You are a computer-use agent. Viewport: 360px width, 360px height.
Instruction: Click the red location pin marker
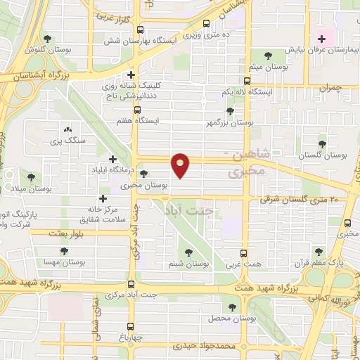point(181,165)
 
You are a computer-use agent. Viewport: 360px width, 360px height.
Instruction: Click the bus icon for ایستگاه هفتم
point(137,110)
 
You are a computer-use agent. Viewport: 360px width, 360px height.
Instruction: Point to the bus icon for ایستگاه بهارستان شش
point(140,31)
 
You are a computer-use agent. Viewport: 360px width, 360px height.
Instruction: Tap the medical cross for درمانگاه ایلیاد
point(112,160)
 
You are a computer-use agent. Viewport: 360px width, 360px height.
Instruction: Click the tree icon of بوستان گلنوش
point(48,39)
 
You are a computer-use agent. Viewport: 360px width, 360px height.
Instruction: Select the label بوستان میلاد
point(32,189)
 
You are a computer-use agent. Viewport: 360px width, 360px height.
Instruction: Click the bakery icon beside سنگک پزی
point(67,129)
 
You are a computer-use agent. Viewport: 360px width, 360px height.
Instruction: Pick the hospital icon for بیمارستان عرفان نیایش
point(321,39)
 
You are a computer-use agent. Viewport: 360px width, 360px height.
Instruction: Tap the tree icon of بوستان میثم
point(266,55)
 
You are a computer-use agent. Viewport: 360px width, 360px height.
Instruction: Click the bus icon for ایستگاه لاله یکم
point(246,82)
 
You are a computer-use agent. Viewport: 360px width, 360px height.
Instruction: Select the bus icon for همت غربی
point(245,254)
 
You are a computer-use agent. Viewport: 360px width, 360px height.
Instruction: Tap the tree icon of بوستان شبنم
point(188,252)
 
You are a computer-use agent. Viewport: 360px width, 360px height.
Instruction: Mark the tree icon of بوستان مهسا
point(64,250)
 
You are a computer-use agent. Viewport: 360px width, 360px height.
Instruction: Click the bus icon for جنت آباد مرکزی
point(131,284)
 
